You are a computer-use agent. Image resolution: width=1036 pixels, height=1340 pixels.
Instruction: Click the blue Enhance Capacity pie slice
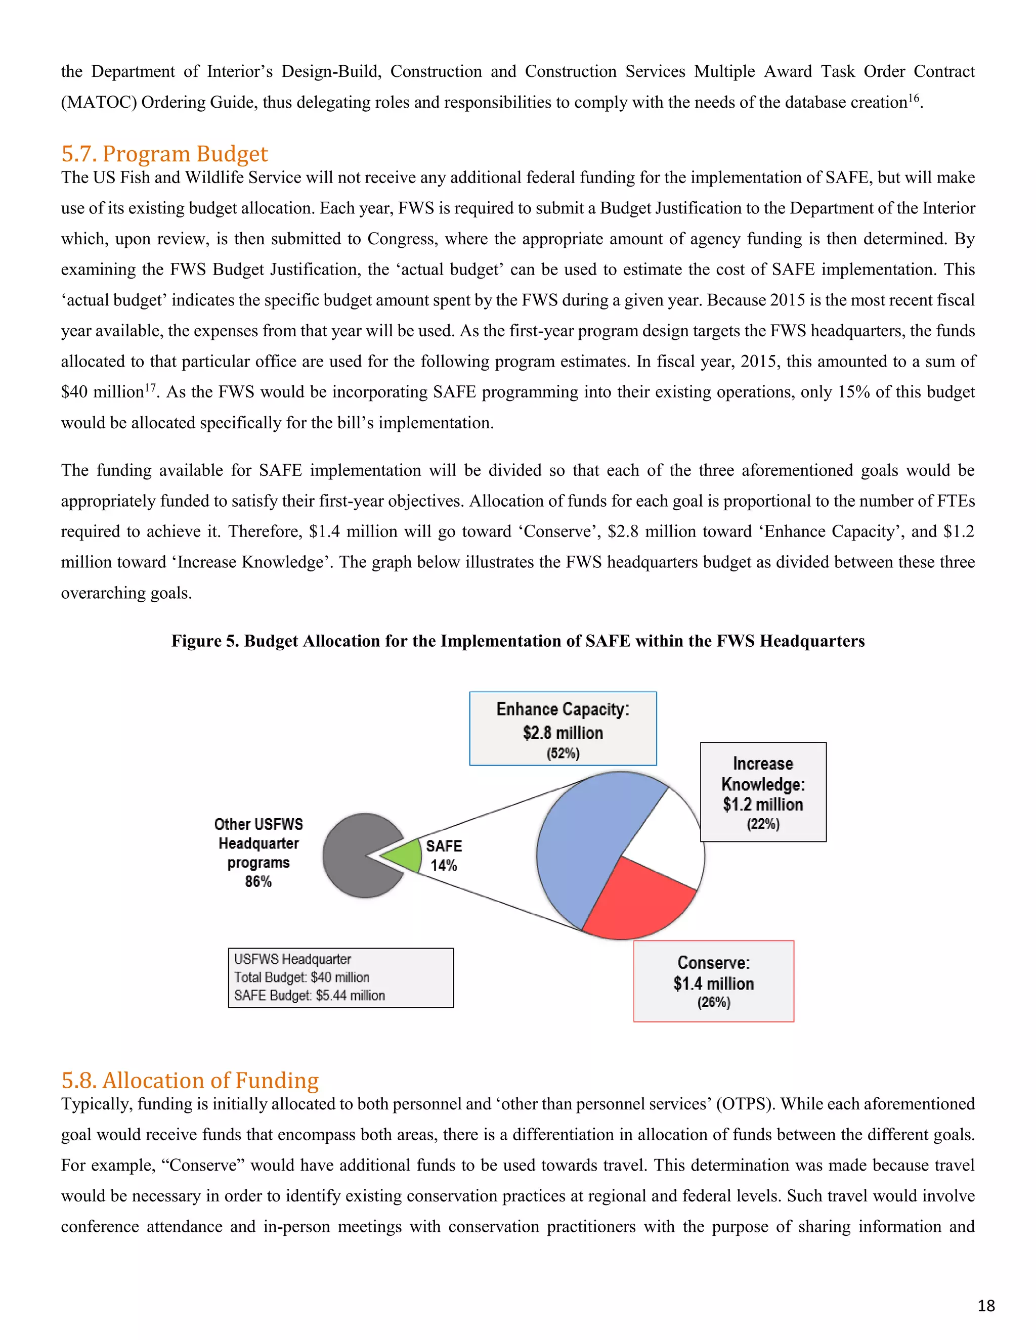[x=583, y=846]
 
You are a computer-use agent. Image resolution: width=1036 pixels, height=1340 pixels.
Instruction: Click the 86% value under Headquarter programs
[x=258, y=882]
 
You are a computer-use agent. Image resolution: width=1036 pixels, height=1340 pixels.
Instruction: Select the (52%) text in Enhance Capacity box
[x=563, y=753]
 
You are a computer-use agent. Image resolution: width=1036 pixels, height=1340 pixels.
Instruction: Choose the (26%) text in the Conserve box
[x=713, y=1003]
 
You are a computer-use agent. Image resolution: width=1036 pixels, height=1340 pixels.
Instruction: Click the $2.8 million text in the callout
[x=563, y=733]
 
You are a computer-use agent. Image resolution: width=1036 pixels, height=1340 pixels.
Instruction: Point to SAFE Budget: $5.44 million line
[x=309, y=995]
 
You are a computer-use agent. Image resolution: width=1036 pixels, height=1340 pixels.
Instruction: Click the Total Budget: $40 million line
[x=301, y=977]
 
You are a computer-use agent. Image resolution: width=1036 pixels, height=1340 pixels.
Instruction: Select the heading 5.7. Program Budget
[x=164, y=153]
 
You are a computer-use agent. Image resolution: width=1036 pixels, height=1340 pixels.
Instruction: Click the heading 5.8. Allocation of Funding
[x=190, y=1081]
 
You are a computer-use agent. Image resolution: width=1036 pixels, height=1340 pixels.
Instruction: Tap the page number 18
[x=986, y=1306]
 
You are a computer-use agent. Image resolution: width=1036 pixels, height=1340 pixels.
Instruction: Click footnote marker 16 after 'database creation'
[x=914, y=98]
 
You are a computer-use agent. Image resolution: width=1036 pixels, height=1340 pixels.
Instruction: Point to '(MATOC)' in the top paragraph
[x=98, y=102]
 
